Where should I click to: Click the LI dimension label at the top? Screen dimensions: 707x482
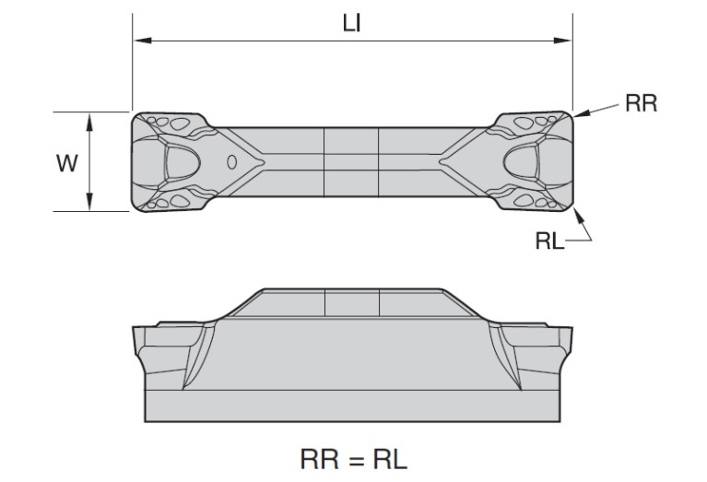(352, 23)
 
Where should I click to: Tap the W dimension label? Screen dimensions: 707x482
(67, 163)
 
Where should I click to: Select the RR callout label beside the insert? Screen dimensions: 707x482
(642, 103)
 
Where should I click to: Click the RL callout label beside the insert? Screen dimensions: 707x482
(549, 241)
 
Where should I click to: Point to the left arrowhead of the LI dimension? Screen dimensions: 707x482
(143, 41)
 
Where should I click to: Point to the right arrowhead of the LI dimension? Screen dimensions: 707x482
(562, 41)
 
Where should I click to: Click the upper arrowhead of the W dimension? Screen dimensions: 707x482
(89, 122)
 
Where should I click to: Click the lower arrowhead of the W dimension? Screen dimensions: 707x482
(89, 201)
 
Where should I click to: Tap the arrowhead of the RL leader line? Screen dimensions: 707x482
(579, 216)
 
